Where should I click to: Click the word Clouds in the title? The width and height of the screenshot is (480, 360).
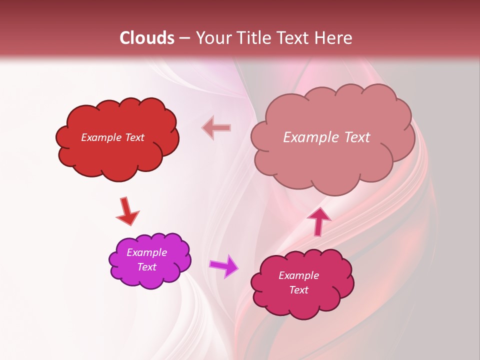click(x=147, y=38)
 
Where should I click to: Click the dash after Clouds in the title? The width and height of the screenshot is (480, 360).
click(x=184, y=38)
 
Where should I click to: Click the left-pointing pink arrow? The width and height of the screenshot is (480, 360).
click(x=216, y=128)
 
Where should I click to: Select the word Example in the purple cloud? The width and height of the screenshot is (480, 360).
click(x=146, y=252)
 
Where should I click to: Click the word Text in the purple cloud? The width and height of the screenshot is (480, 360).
click(x=146, y=267)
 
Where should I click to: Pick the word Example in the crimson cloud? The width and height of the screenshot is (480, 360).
click(x=298, y=275)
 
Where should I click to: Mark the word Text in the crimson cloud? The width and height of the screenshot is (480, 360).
click(x=298, y=290)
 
